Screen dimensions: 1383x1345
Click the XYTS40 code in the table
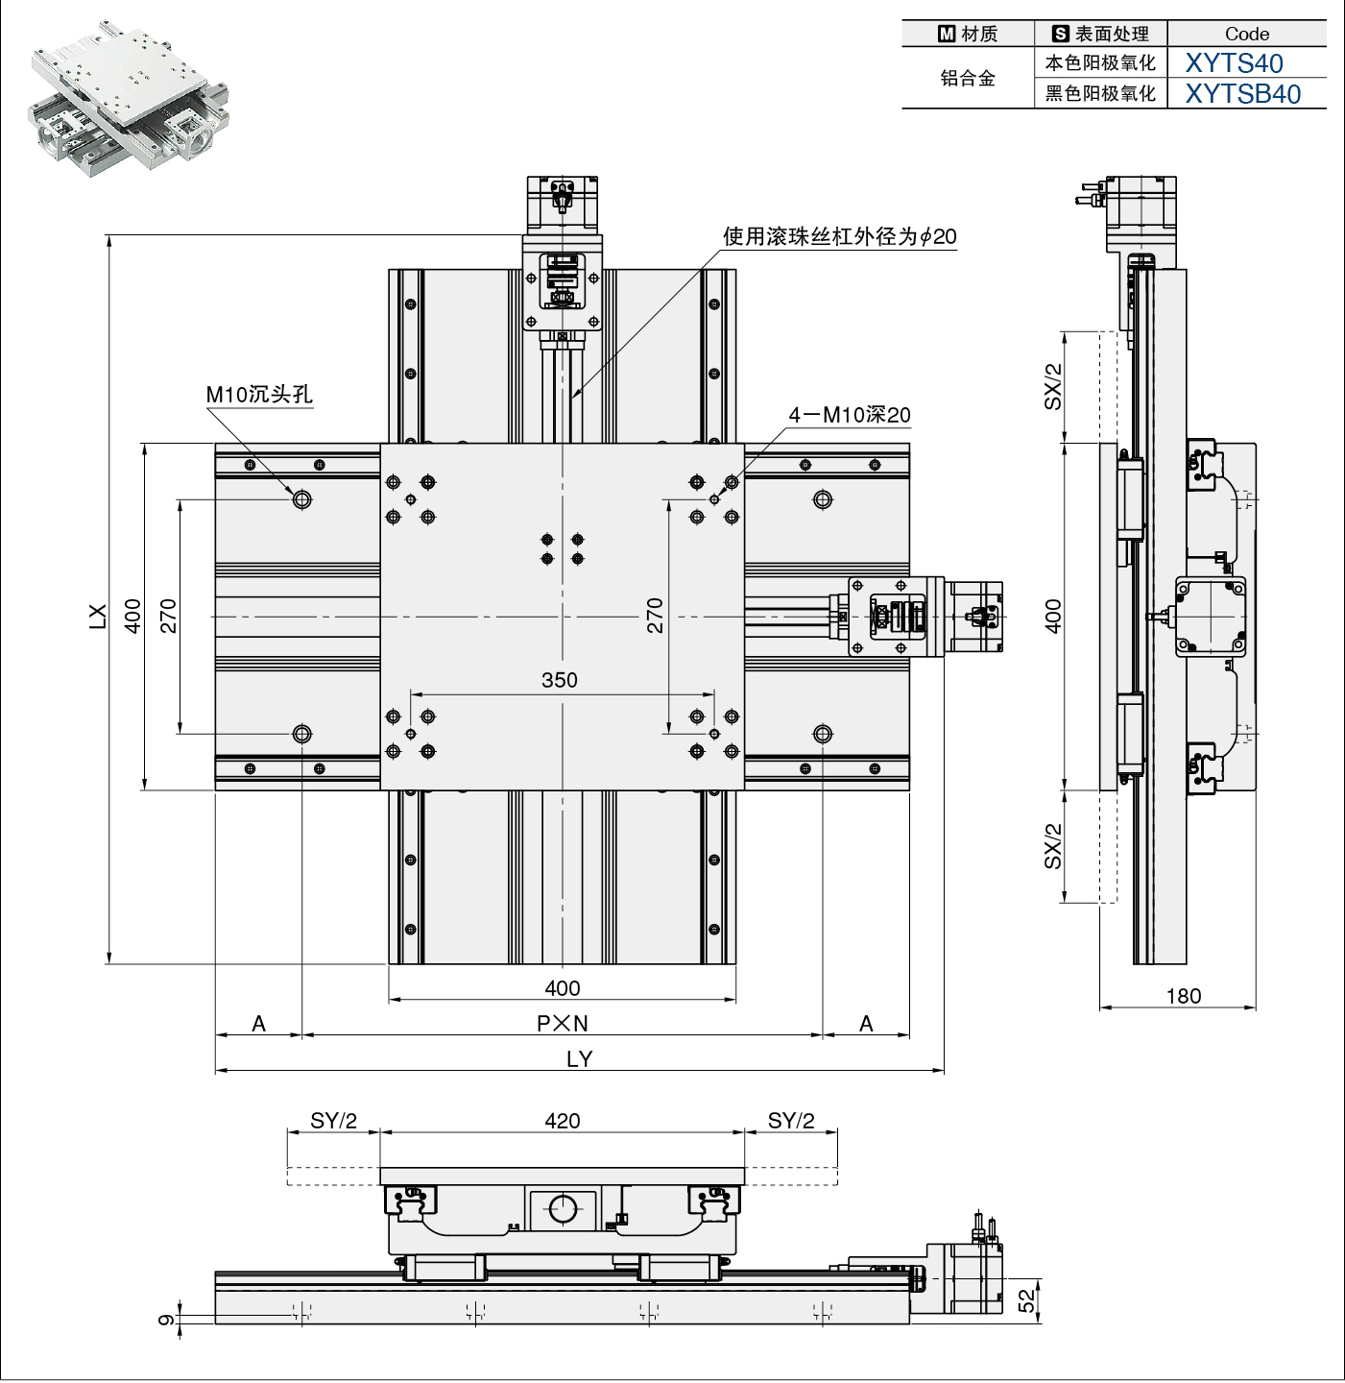(1234, 63)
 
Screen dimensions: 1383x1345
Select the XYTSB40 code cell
(1242, 94)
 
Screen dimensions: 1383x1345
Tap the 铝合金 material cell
(968, 79)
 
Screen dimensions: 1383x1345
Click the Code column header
(1246, 34)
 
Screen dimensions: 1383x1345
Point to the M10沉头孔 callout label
(259, 395)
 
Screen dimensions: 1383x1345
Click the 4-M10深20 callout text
(849, 415)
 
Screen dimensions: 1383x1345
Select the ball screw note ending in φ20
(839, 236)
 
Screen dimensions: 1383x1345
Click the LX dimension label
(97, 616)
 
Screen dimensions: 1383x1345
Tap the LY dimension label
(579, 1058)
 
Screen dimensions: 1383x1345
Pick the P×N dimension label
(562, 1024)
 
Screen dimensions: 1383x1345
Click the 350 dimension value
(559, 681)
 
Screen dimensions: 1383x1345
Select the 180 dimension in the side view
(1183, 996)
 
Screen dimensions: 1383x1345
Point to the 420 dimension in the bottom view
(562, 1121)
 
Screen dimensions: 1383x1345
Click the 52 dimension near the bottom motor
(1027, 1300)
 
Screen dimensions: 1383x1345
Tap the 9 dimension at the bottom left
(166, 1320)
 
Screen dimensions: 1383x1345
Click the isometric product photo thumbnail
(129, 98)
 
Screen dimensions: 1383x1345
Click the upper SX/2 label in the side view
(1053, 386)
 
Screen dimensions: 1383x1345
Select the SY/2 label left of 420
(333, 1121)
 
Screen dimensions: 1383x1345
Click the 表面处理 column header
(1101, 34)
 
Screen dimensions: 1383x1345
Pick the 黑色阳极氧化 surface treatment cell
(1100, 94)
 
